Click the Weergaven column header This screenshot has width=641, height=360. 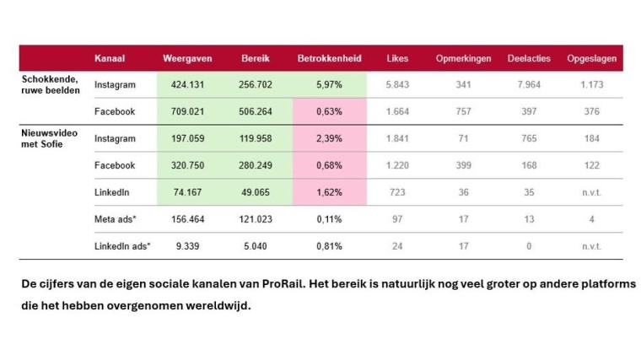pyautogui.click(x=187, y=58)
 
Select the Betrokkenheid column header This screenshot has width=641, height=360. pyautogui.click(x=329, y=58)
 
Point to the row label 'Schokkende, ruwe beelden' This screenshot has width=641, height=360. pyautogui.click(x=51, y=84)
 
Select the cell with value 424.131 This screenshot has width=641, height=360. pyautogui.click(x=187, y=84)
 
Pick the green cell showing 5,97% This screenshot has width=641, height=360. pyautogui.click(x=329, y=84)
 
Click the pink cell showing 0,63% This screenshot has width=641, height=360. pyautogui.click(x=329, y=111)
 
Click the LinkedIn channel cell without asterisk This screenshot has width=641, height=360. pyautogui.click(x=112, y=191)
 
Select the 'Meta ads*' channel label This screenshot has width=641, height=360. pyautogui.click(x=116, y=218)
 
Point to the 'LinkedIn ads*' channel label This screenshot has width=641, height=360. pyautogui.click(x=121, y=245)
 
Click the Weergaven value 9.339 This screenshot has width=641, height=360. pyautogui.click(x=187, y=245)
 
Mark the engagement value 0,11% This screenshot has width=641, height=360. pyautogui.click(x=329, y=218)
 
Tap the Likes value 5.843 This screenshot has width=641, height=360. pyautogui.click(x=397, y=84)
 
